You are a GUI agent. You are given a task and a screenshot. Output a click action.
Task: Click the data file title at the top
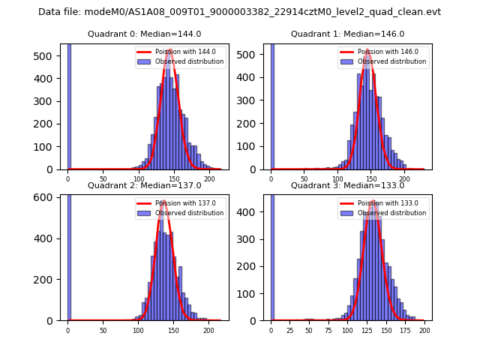point(239,12)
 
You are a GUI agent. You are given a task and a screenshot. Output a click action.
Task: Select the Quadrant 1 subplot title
point(347,34)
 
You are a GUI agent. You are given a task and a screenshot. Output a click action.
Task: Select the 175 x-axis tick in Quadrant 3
point(405,329)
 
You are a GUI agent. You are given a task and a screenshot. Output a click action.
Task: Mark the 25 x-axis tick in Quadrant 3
point(289,329)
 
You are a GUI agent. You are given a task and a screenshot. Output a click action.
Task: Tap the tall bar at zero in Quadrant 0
point(69,105)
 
